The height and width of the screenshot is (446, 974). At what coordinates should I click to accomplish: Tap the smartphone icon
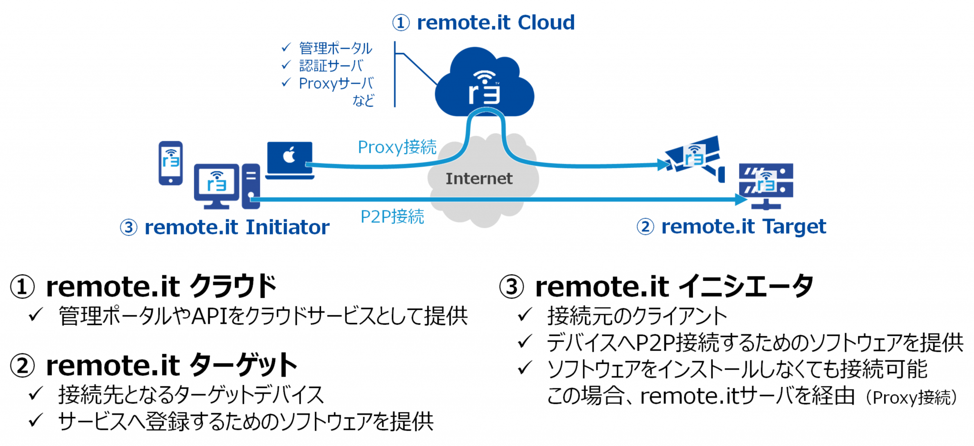pos(171,163)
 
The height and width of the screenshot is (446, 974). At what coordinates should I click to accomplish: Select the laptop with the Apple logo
pos(290,160)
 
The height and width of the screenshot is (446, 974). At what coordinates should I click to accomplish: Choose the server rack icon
pos(766,184)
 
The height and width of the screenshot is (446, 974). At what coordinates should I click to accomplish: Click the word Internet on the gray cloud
pos(479,179)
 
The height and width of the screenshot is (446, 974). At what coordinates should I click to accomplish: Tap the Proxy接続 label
pos(397,147)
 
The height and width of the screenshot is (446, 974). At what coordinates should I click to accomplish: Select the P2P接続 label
pos(392,217)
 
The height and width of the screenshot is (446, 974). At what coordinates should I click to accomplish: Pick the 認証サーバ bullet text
pos(331,66)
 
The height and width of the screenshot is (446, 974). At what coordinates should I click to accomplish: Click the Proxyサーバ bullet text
pos(336,83)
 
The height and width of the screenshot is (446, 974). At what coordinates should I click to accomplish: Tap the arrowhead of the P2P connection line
pos(741,199)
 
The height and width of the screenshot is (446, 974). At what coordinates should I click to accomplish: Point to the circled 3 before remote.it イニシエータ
pos(511,287)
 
